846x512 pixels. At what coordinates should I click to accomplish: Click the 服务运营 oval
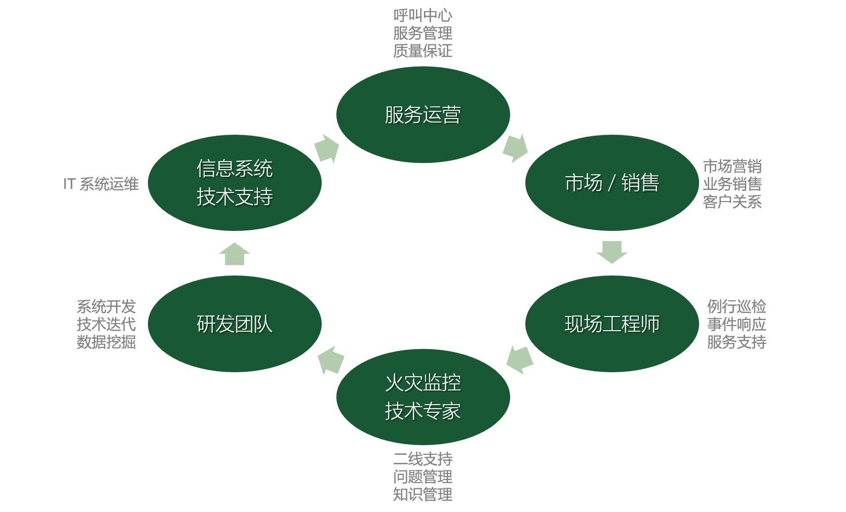(423, 114)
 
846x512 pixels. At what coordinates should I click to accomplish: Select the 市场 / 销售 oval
(611, 183)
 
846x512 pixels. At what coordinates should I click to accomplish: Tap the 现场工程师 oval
(611, 324)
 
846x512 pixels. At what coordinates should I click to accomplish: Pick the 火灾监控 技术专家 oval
(423, 397)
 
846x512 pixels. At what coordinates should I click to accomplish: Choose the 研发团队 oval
(235, 324)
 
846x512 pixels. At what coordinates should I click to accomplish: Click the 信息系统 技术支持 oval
(235, 183)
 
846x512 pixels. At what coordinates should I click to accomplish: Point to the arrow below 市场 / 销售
(611, 252)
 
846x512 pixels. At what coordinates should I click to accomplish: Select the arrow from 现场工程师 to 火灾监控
(520, 359)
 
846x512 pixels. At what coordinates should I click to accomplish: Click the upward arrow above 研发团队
(235, 254)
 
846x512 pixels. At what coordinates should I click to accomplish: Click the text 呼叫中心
(422, 16)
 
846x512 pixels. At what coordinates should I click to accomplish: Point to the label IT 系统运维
(101, 184)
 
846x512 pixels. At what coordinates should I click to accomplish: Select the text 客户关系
(732, 202)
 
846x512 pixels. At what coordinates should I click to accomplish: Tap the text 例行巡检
(737, 306)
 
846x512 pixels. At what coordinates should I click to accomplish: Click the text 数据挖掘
(106, 342)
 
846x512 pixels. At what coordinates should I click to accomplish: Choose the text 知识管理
(422, 494)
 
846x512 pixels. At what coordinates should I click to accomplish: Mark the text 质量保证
(422, 51)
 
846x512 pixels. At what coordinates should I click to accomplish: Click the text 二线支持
(422, 459)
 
